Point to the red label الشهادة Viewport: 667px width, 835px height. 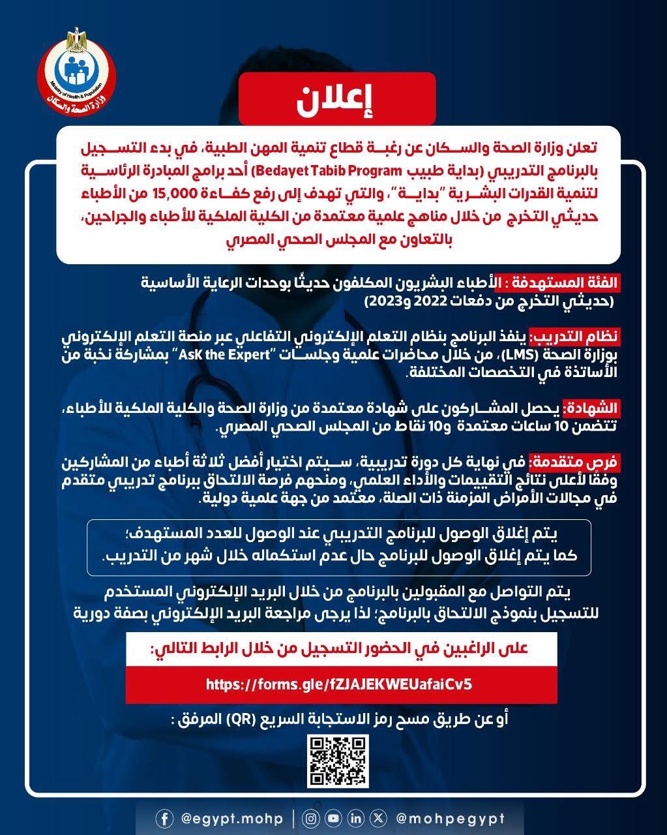[590, 410]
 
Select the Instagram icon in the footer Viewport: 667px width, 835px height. [312, 818]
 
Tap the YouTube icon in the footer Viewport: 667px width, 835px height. [334, 818]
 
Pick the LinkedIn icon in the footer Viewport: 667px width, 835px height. [356, 818]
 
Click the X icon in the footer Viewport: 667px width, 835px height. [378, 818]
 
